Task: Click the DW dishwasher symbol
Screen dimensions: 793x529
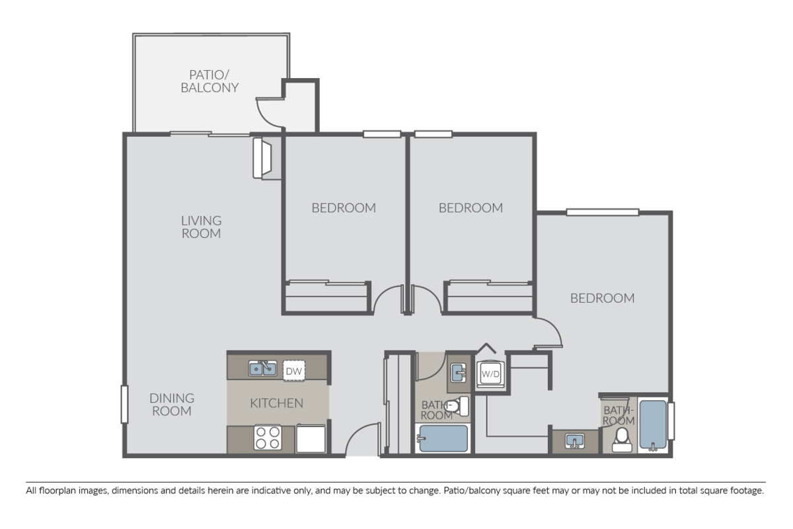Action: pyautogui.click(x=294, y=371)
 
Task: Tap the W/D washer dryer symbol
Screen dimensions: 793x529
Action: pyautogui.click(x=490, y=374)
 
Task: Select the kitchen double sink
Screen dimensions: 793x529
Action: pyautogui.click(x=263, y=368)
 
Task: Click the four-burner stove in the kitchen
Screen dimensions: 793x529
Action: pyautogui.click(x=268, y=438)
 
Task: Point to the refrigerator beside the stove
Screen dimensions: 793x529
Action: pyautogui.click(x=311, y=438)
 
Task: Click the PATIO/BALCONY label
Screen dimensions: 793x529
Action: pyautogui.click(x=209, y=81)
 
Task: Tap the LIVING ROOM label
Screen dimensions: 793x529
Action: pyautogui.click(x=201, y=227)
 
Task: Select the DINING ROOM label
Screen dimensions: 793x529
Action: pyautogui.click(x=172, y=405)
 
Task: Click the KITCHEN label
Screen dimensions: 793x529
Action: pyautogui.click(x=276, y=403)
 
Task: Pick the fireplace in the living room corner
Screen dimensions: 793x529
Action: pyautogui.click(x=262, y=158)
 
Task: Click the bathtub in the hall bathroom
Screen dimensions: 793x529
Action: pyautogui.click(x=443, y=438)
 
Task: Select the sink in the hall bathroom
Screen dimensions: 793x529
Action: pyautogui.click(x=459, y=373)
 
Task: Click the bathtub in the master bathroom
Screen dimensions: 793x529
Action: pyautogui.click(x=653, y=425)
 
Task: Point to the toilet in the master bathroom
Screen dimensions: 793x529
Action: pyautogui.click(x=622, y=440)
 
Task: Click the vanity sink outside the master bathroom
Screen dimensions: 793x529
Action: pyautogui.click(x=574, y=441)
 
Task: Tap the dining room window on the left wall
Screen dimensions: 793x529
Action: pyautogui.click(x=124, y=404)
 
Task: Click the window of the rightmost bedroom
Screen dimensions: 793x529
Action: pyautogui.click(x=603, y=212)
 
